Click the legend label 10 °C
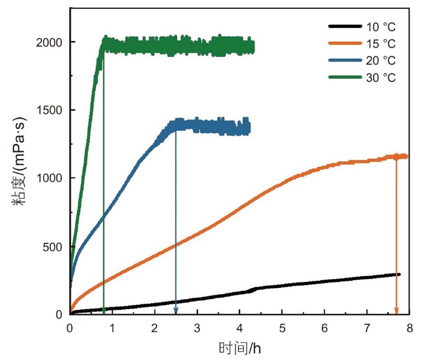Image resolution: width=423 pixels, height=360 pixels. pos(381,27)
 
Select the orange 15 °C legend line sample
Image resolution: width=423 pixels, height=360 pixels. pos(345,43)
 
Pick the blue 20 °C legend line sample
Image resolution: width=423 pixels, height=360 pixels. pos(345,60)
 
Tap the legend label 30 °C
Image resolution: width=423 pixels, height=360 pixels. pos(381,78)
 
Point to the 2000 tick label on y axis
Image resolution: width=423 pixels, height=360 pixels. pos(49,42)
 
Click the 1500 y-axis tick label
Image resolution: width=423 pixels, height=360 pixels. pos(49,110)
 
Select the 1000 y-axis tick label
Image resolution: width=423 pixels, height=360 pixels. pos(49,178)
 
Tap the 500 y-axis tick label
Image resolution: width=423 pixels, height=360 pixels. pos(53,247)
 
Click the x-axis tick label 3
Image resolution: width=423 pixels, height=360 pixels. pos(197,328)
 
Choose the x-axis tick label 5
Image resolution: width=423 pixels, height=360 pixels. pos(282,328)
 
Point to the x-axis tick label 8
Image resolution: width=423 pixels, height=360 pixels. pos(410,328)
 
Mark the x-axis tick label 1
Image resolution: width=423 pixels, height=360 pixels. pos(112,328)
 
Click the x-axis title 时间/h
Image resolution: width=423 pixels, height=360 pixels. pos(240,348)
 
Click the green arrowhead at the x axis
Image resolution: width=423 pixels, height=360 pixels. pos(104,311)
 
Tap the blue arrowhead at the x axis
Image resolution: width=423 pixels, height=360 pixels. pos(176,311)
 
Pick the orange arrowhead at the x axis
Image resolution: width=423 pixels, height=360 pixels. pos(396,311)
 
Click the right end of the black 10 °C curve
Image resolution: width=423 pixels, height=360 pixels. pos(400,274)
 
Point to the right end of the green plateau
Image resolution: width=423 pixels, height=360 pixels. pos(254,47)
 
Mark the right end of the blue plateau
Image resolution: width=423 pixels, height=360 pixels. pos(249,127)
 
